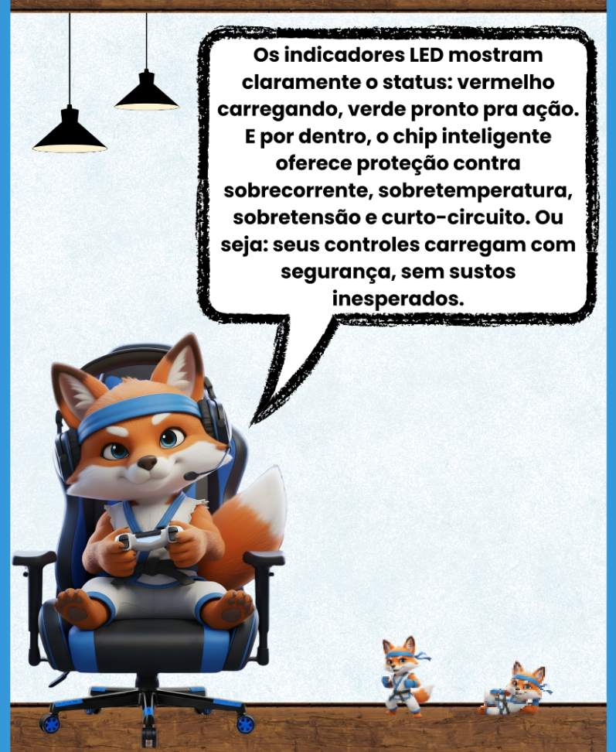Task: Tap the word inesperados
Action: [x=399, y=299]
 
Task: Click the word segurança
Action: [x=337, y=272]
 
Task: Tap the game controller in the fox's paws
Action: [x=149, y=538]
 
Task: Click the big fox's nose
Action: [x=147, y=463]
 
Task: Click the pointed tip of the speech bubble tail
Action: [x=251, y=425]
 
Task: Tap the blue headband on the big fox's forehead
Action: [x=138, y=412]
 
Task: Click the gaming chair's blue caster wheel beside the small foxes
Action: [x=245, y=723]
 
